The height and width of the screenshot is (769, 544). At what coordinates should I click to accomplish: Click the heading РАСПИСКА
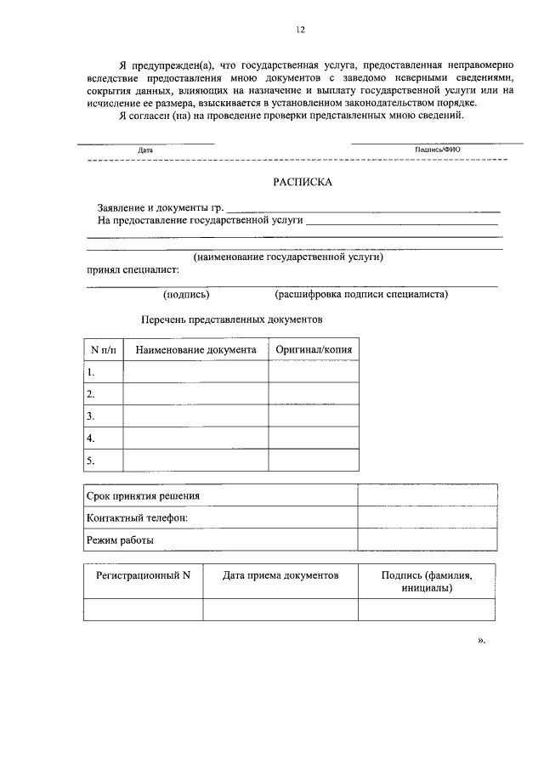303,182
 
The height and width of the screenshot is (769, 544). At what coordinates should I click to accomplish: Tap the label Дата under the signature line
145,150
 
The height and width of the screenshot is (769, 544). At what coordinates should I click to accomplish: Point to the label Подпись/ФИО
437,150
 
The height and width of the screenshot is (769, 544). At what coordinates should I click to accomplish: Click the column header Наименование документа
195,349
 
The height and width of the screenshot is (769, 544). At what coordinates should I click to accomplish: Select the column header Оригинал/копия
314,349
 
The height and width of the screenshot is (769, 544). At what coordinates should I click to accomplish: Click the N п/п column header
103,349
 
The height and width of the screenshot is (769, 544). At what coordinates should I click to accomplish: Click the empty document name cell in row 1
195,372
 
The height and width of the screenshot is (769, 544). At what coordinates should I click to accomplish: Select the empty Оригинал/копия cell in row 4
314,438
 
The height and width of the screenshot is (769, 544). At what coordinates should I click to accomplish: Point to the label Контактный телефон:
137,517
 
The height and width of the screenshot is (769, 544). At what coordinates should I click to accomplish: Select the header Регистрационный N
143,575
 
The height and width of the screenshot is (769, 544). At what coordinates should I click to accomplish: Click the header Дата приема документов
280,575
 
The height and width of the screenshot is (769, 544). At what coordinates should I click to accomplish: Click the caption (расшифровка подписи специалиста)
361,295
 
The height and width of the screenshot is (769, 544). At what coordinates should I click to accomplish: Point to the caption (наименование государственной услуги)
288,256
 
